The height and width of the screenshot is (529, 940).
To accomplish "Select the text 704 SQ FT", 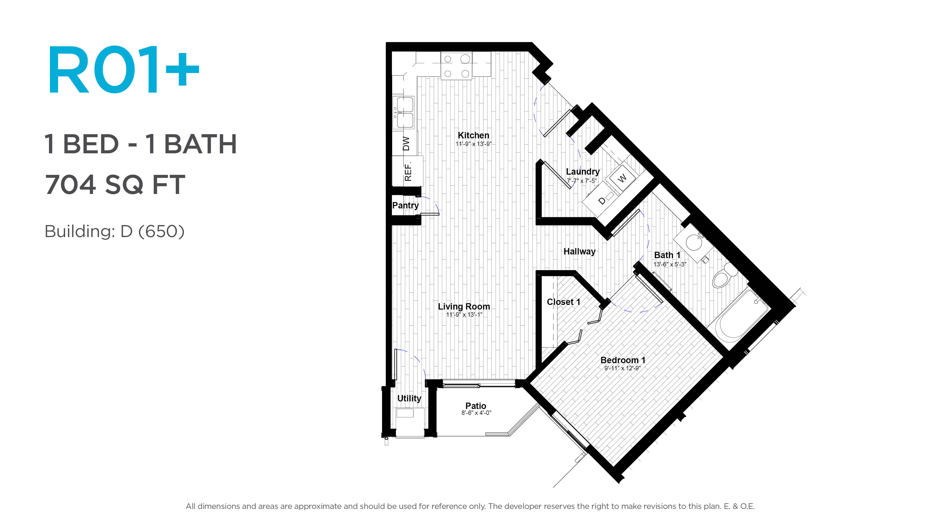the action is (115, 184).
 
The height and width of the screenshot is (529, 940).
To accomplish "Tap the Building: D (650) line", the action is (115, 231).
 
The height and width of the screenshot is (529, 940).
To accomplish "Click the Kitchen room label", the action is (473, 135).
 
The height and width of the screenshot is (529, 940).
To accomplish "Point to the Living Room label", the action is (464, 307).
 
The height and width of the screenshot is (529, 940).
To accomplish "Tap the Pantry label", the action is (405, 205).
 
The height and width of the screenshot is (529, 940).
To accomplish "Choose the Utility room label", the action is (409, 398).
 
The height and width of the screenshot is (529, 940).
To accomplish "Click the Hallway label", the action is (579, 252).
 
